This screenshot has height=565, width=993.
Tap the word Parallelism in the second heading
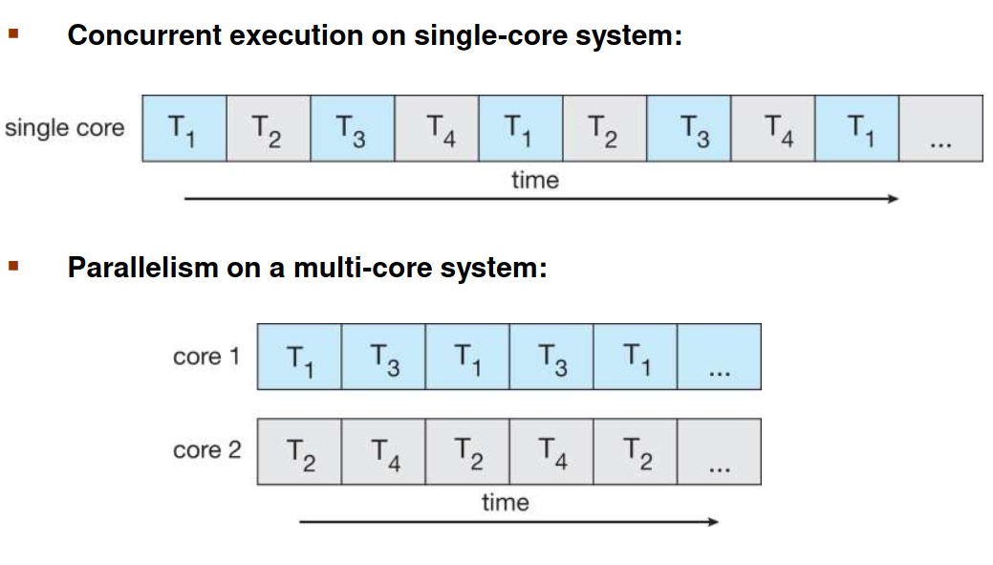coord(143,268)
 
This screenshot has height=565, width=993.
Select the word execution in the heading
coord(295,34)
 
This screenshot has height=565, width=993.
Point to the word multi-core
coord(362,268)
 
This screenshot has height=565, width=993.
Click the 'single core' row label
coord(65,128)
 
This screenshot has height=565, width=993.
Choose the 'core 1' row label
coord(206,357)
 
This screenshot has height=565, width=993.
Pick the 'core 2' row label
coord(207,450)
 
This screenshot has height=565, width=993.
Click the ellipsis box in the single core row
coord(941,128)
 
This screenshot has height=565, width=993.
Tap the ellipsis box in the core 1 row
coord(720,357)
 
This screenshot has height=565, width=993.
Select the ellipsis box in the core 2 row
coord(720,451)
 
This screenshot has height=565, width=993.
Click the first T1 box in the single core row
coord(184,128)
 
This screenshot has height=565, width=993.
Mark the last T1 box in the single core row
coord(857,128)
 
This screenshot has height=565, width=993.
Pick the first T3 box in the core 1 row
coord(384,357)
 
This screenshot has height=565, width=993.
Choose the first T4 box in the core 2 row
coord(384,451)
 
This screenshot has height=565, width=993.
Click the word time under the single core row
coord(535,181)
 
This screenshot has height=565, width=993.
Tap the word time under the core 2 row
coord(506,503)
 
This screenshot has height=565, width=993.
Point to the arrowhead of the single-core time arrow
coord(894,199)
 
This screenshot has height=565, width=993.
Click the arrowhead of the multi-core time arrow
coord(713,522)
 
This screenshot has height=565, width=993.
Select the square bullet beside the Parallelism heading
coord(13,266)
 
